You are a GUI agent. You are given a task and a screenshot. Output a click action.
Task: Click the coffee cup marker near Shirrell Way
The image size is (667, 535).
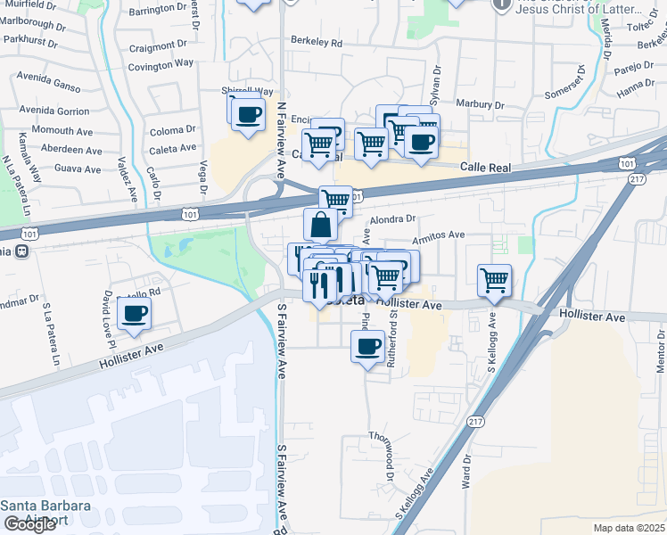(x=248, y=114)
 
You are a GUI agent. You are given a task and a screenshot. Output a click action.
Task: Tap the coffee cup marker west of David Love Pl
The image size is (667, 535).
(x=134, y=314)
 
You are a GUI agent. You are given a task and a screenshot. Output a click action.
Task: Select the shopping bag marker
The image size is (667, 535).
(x=321, y=225)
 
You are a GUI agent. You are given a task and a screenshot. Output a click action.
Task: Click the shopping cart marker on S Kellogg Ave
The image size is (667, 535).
(x=494, y=281)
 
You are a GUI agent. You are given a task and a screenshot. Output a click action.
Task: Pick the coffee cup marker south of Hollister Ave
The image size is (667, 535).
(x=367, y=347)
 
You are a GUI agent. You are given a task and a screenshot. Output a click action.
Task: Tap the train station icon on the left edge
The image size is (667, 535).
(x=20, y=251)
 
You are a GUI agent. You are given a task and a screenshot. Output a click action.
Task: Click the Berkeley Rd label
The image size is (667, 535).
(x=317, y=42)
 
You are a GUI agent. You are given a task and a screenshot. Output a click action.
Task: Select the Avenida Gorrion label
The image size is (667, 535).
(x=54, y=111)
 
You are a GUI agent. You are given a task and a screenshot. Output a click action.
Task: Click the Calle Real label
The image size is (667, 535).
(x=485, y=167)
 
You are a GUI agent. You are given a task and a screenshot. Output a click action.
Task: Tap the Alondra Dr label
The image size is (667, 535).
(x=393, y=218)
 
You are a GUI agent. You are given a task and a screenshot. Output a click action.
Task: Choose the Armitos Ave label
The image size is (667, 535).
(x=439, y=235)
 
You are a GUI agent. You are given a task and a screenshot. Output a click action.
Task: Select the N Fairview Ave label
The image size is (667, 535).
(x=280, y=139)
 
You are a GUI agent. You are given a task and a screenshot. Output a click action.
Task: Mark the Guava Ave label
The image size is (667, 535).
(x=78, y=168)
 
